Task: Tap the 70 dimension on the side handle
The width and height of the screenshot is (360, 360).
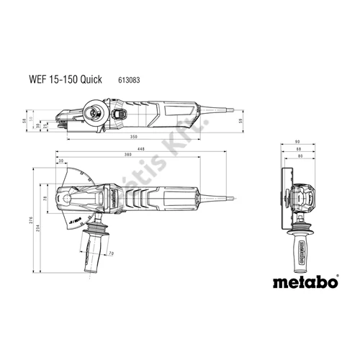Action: (x=110, y=253)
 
